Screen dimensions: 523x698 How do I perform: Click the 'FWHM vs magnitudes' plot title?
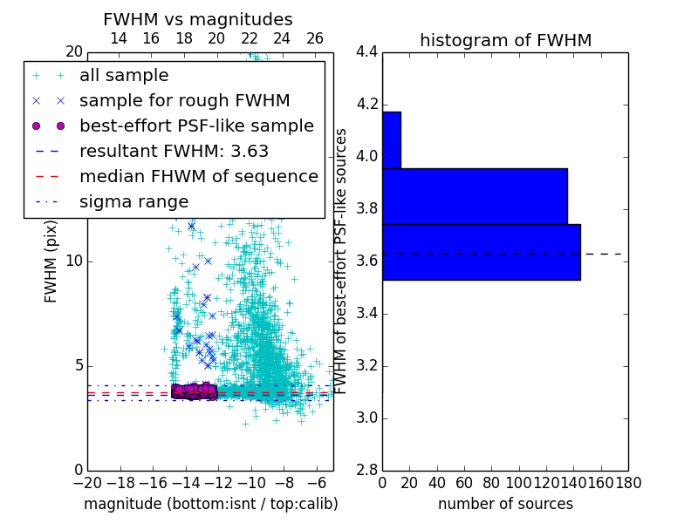(198, 19)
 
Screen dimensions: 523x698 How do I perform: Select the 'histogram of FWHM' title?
(505, 40)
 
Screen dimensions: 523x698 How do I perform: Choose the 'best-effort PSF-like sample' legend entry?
(196, 126)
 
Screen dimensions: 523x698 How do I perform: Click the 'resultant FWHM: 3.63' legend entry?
(174, 152)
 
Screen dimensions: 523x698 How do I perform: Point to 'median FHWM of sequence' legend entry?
(198, 177)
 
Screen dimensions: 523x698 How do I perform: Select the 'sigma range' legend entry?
(133, 202)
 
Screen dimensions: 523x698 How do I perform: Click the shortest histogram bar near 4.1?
(392, 139)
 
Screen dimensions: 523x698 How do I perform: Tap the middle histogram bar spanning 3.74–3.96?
(475, 196)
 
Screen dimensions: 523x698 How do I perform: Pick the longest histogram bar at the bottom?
(481, 252)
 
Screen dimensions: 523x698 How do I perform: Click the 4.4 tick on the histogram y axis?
(366, 52)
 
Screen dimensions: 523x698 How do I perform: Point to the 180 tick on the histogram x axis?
(628, 482)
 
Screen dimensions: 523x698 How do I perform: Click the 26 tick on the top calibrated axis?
(315, 38)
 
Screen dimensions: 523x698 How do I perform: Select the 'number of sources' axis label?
(505, 504)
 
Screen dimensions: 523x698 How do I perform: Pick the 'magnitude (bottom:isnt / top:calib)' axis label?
(210, 504)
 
